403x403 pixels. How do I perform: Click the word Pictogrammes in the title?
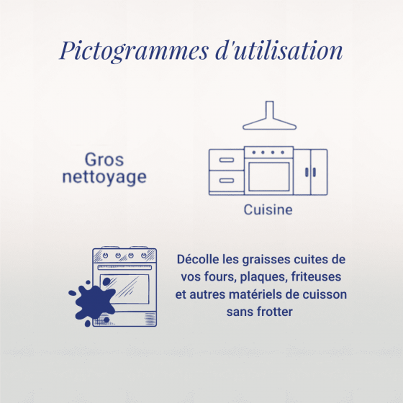134,51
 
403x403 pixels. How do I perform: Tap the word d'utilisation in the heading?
279,50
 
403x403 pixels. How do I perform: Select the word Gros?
104,160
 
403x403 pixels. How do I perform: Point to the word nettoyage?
104,178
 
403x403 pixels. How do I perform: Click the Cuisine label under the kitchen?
268,209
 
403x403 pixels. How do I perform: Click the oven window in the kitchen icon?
269,177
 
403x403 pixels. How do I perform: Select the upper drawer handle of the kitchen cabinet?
227,160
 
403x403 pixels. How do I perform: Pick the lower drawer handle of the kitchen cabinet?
227,181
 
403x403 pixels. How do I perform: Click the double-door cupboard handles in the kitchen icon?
310,172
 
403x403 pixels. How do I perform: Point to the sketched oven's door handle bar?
124,268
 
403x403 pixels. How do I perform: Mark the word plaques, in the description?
263,278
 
